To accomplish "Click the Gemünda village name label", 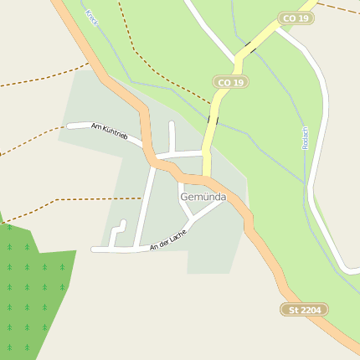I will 203,196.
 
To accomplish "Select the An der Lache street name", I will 167,239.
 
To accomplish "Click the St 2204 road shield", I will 305,310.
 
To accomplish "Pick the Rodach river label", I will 306,139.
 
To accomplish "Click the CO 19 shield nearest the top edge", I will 296,18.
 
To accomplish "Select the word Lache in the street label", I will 175,234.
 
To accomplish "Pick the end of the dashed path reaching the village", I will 141,198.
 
